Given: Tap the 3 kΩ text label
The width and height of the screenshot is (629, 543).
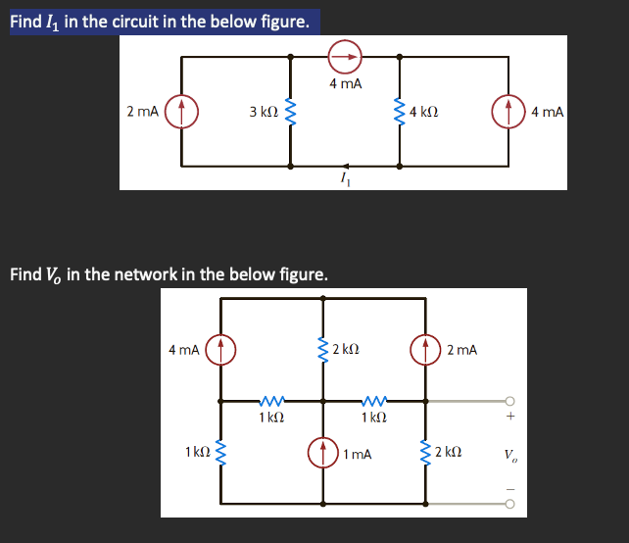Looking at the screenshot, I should click(x=264, y=113).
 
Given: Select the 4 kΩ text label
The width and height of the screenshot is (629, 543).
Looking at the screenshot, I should click(x=424, y=112).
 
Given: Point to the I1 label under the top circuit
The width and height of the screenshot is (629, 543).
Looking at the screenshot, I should click(x=343, y=178).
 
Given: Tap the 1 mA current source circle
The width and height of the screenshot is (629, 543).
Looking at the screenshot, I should click(x=324, y=454).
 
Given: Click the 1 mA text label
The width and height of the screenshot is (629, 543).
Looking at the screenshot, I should click(x=358, y=454).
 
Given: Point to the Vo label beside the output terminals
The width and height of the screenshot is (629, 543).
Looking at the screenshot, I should click(x=509, y=454).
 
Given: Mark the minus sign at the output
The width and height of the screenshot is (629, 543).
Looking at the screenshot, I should click(x=509, y=488).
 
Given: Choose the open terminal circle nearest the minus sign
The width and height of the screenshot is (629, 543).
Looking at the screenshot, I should click(x=509, y=506).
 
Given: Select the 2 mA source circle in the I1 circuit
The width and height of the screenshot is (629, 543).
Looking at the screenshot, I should click(x=182, y=112).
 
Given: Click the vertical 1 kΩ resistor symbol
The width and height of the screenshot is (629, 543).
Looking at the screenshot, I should click(x=221, y=453).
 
